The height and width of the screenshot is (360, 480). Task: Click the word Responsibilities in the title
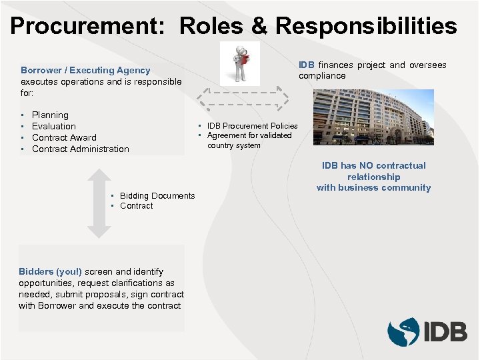click(x=366, y=26)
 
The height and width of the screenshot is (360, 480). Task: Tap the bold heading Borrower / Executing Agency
click(x=85, y=70)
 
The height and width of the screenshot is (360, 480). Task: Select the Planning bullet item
click(x=50, y=115)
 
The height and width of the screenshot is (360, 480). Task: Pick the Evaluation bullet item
click(x=54, y=126)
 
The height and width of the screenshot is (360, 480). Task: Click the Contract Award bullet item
click(x=64, y=137)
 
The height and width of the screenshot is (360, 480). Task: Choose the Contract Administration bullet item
click(x=81, y=149)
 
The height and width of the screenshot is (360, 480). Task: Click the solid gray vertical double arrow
click(x=99, y=203)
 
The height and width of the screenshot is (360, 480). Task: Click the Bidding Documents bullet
click(x=157, y=195)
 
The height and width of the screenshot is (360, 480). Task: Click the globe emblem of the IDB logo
click(x=403, y=331)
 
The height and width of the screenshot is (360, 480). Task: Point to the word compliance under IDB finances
click(x=322, y=76)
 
